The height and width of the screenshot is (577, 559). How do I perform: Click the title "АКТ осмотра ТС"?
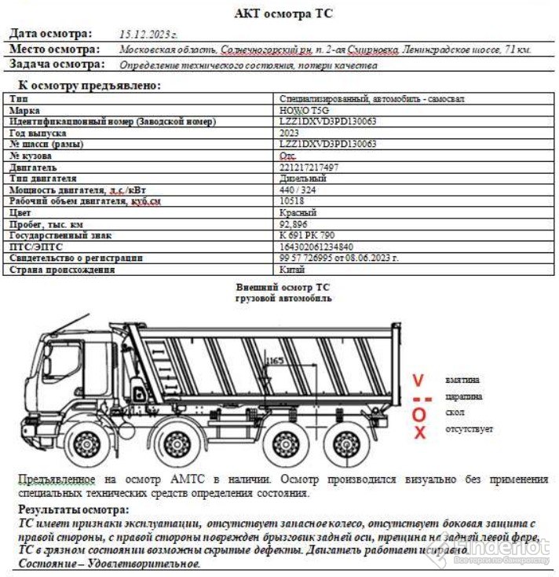coord(283,13)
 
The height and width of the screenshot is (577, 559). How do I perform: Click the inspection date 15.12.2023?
coord(148,35)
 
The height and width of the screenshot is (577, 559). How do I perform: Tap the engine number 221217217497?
coord(309,167)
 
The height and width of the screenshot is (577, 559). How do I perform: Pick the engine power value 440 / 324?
coord(299,190)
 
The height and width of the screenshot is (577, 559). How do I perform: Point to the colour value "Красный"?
coord(298,213)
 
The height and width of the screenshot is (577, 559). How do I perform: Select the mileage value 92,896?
coord(294,224)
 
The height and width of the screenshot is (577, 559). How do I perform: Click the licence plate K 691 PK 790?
coord(307,235)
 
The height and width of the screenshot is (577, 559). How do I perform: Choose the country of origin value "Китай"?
coord(293,269)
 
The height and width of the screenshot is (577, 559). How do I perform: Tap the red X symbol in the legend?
coord(420,432)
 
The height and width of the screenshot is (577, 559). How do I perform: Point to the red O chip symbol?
coord(419,414)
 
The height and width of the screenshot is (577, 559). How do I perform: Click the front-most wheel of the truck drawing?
coord(83,444)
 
